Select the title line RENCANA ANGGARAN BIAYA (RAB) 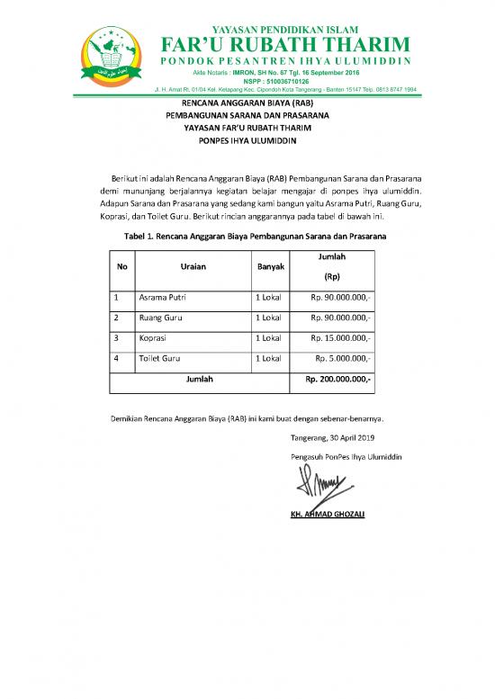point(247,103)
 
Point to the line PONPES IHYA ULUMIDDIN point(247,141)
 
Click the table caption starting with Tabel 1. point(247,235)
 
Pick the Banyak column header point(271,267)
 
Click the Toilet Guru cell point(159,359)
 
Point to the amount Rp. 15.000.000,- point(341,338)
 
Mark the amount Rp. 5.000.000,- point(345,359)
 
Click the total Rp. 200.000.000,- point(338,380)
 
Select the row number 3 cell point(117,338)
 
